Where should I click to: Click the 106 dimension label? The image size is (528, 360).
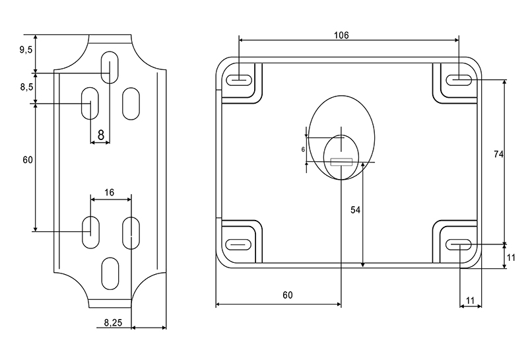pyautogui.click(x=341, y=34)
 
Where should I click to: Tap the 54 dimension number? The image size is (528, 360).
pyautogui.click(x=355, y=209)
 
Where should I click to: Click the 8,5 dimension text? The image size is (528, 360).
pyautogui.click(x=26, y=87)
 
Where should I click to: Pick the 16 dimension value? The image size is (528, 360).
pyautogui.click(x=110, y=192)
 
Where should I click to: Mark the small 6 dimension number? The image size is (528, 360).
pyautogui.click(x=303, y=150)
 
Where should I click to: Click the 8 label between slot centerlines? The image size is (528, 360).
pyautogui.click(x=100, y=134)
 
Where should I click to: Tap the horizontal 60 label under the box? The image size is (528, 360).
pyautogui.click(x=287, y=295)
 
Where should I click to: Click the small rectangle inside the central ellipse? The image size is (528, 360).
pyautogui.click(x=341, y=161)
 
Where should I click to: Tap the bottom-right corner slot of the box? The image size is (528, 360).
pyautogui.click(x=459, y=245)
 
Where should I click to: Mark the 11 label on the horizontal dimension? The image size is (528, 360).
pyautogui.click(x=470, y=301)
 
